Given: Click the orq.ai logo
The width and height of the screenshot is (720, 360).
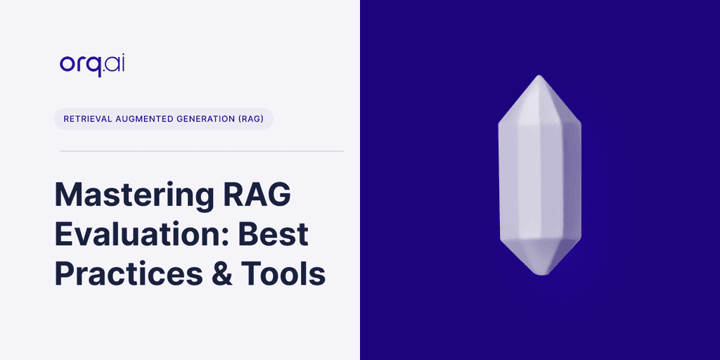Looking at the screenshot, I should [x=92, y=63].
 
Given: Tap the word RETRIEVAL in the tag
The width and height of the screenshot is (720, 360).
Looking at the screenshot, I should [x=89, y=119].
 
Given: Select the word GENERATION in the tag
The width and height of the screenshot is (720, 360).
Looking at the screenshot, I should [x=207, y=119].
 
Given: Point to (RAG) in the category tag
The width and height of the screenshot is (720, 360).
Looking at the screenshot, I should [x=251, y=119].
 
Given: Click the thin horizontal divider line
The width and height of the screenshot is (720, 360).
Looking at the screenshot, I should [x=202, y=151].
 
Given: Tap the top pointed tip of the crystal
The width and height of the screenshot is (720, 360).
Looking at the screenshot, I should [x=539, y=77].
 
